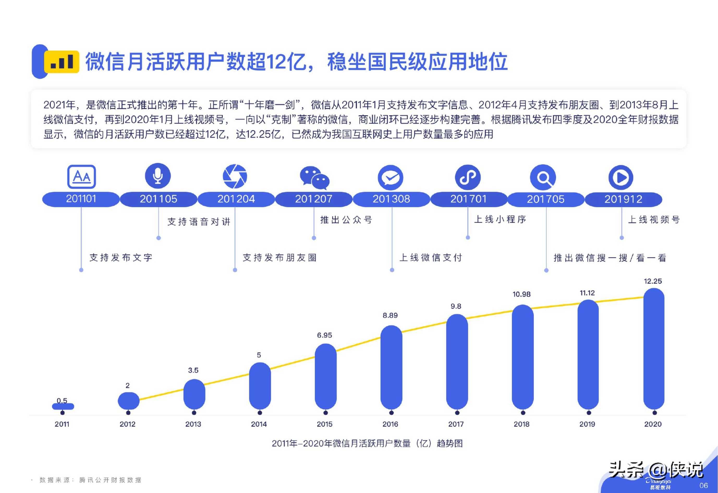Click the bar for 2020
pos(654,349)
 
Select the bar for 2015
pos(326,377)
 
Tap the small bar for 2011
pos(63,406)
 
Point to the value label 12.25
pos(653,281)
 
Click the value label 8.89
pos(390,316)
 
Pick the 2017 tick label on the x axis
pos(456,424)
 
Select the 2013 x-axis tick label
pos(193,424)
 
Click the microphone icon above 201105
pos(158,176)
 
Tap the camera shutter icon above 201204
pos(235,176)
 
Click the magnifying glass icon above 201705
pos(543,177)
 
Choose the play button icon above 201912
pos(621,177)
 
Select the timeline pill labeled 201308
pos(391,199)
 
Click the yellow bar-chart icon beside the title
pos(62,62)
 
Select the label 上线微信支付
pos(431,257)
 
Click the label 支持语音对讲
pos(199,222)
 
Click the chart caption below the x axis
pos(367,443)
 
